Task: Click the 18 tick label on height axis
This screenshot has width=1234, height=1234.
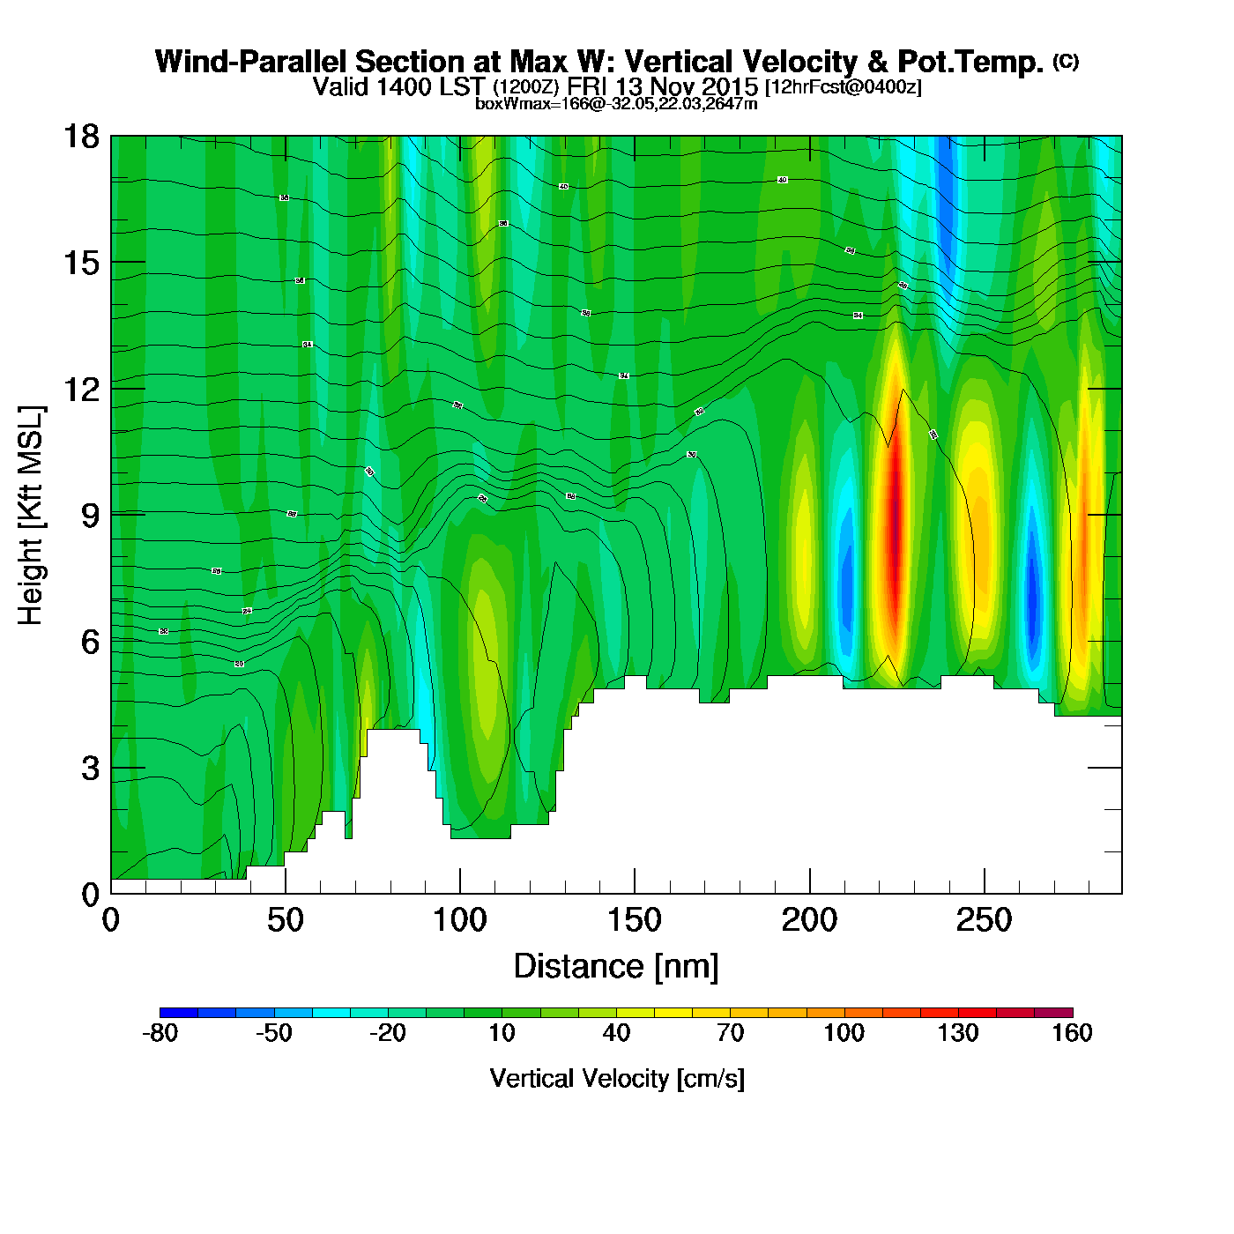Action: pyautogui.click(x=80, y=137)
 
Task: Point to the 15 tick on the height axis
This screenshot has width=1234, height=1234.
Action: pyautogui.click(x=80, y=263)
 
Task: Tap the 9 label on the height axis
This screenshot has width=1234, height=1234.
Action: pyautogui.click(x=90, y=515)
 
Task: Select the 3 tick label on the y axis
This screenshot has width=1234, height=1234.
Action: pyautogui.click(x=90, y=768)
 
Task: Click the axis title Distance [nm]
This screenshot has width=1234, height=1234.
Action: pyautogui.click(x=616, y=967)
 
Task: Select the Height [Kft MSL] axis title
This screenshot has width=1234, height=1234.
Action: pyautogui.click(x=32, y=516)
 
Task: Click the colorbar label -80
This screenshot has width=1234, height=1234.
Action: pyautogui.click(x=160, y=1033)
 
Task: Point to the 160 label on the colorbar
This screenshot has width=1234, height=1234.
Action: pyautogui.click(x=1072, y=1033)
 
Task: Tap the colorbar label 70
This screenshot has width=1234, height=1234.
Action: pyautogui.click(x=730, y=1033)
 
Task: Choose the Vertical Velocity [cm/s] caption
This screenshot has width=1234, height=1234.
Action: pyautogui.click(x=617, y=1079)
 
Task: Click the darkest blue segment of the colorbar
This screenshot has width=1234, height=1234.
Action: pyautogui.click(x=179, y=1012)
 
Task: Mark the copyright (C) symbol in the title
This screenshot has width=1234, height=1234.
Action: pyautogui.click(x=1065, y=61)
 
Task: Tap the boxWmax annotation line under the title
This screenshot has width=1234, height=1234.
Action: pyautogui.click(x=616, y=104)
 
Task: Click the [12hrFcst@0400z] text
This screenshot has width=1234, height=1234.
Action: pyautogui.click(x=843, y=87)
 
